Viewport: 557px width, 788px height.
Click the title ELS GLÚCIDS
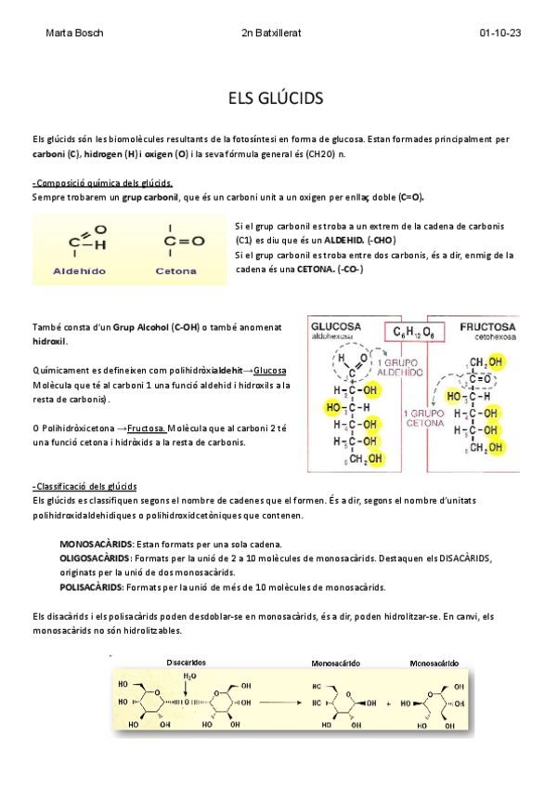coord(278,98)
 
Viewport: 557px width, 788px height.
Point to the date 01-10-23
coord(499,33)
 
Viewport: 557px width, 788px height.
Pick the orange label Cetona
coord(175,271)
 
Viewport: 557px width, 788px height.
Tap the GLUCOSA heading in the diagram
coord(338,327)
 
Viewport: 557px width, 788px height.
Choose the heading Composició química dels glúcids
coord(102,182)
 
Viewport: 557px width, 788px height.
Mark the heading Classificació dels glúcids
coord(84,486)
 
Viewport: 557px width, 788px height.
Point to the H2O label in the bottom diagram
coord(189,676)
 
